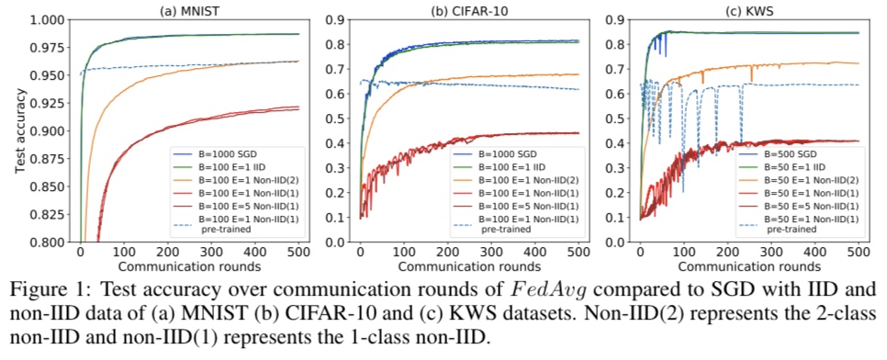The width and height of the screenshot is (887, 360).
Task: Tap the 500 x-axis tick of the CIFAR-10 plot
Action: (x=578, y=253)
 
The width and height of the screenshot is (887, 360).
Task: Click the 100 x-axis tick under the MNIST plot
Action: (x=124, y=253)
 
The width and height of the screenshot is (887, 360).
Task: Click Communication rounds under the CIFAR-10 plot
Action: (x=468, y=265)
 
